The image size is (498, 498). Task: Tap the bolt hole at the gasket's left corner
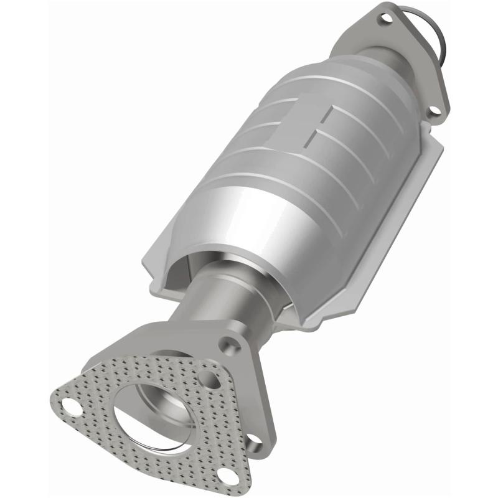tap(72, 408)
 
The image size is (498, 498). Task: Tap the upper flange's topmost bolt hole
tap(386, 18)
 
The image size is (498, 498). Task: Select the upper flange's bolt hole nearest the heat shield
tap(435, 111)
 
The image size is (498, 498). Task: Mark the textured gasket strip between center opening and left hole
tap(103, 405)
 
